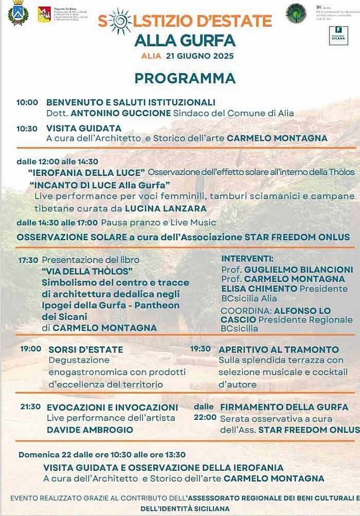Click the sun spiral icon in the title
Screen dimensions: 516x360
(x=120, y=21)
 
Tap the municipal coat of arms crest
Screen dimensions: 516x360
(x=18, y=13)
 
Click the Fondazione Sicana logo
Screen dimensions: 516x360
(x=338, y=35)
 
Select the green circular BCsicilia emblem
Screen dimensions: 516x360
(x=296, y=13)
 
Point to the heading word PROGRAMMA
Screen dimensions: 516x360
(x=185, y=78)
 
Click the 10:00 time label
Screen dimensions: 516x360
(x=27, y=102)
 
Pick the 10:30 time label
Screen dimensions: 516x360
(x=27, y=129)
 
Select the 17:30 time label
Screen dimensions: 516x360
(x=28, y=260)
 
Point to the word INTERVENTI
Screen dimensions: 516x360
(x=247, y=258)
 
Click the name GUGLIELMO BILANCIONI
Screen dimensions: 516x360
(x=298, y=270)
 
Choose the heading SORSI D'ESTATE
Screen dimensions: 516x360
(x=86, y=349)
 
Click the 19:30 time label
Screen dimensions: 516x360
(x=201, y=349)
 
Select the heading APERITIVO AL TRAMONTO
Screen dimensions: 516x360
(x=279, y=349)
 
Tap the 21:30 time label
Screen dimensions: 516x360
(x=30, y=406)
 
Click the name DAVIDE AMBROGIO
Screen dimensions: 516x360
(x=90, y=430)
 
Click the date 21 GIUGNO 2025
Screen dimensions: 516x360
(x=200, y=56)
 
